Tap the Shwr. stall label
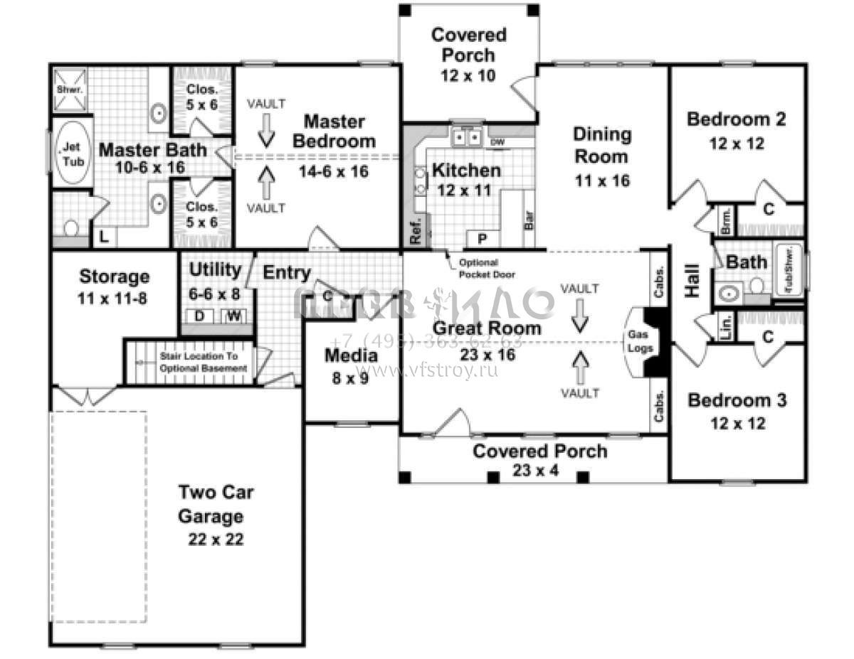[70, 90]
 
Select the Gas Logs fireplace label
[637, 341]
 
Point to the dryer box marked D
[200, 316]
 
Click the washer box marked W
[233, 316]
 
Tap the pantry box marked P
[482, 237]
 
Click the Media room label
[351, 356]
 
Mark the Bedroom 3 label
[737, 400]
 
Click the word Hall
[692, 282]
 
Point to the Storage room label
[114, 276]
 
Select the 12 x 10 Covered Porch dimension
[468, 75]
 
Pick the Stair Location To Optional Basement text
[203, 362]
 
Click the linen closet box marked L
[105, 237]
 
